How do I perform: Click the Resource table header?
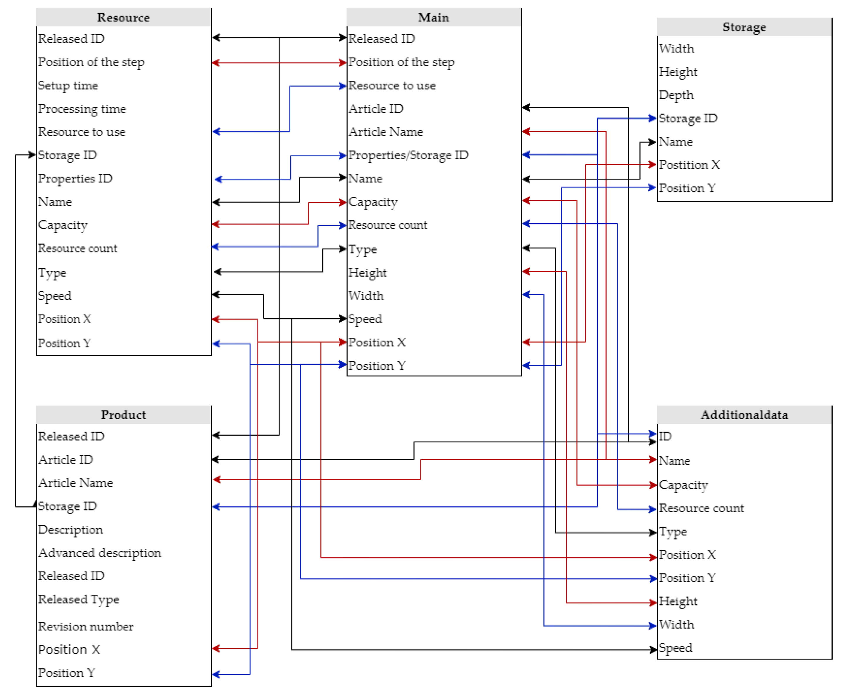pos(123,17)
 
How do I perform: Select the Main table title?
pos(434,17)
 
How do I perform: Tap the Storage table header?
pos(744,27)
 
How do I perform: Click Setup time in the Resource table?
pos(68,85)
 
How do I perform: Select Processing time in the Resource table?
pos(82,109)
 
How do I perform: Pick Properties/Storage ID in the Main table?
pos(408,155)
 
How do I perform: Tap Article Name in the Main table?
pos(385,132)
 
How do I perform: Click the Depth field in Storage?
pos(676,95)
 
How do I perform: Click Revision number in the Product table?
pos(85,626)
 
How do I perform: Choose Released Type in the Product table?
pos(79,599)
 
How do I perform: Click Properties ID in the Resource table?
pos(75,179)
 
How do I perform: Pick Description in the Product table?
pos(70,530)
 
